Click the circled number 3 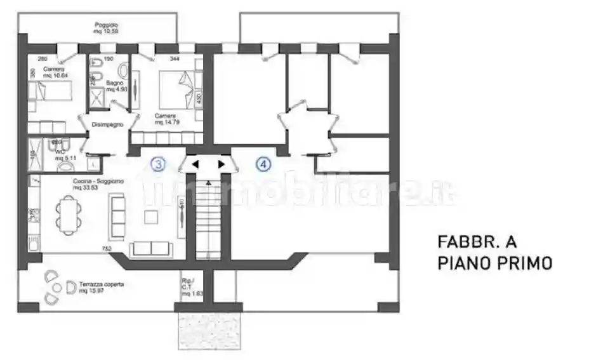(158, 164)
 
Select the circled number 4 (263, 164)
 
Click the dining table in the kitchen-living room (67, 215)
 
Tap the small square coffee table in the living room (150, 217)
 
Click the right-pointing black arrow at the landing (221, 164)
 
